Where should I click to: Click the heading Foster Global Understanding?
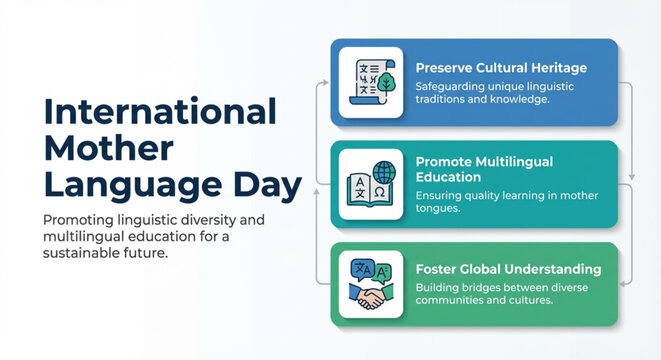[508, 269]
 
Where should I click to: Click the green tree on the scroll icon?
[386, 83]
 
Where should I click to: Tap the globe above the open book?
[384, 170]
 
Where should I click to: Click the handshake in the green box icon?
[371, 297]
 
